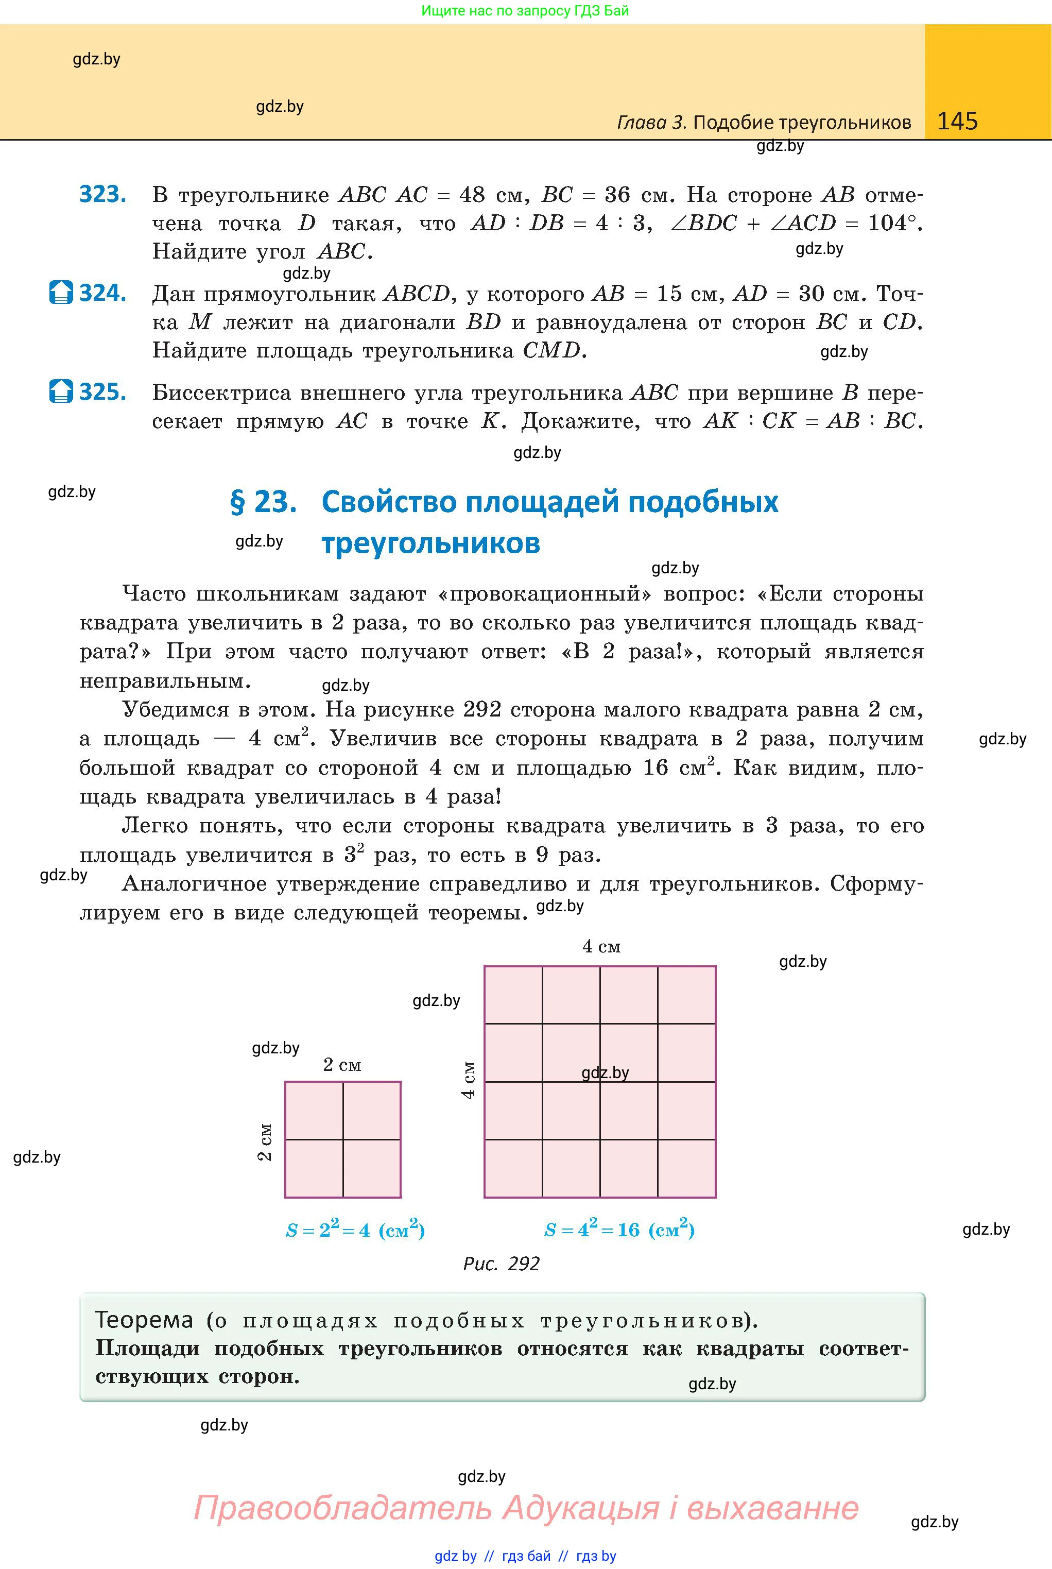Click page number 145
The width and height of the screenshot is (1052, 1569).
pos(957,121)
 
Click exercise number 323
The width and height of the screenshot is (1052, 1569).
pos(102,194)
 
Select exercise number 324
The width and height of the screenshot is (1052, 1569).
pos(102,293)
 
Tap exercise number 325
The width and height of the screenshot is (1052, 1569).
pos(102,392)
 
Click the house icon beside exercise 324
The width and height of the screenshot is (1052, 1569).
pos(61,293)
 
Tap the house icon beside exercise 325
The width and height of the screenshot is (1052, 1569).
pos(61,391)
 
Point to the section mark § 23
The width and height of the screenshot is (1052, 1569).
pos(263,502)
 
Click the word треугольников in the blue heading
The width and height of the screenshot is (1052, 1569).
pos(430,543)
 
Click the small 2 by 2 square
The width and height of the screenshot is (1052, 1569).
pos(343,1139)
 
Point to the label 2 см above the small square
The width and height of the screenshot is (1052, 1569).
pos(342,1065)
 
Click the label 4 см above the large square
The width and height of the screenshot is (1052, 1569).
pos(601,947)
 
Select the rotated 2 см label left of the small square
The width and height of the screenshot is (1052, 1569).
pos(266,1141)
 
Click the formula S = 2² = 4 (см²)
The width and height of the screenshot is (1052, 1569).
pos(355,1230)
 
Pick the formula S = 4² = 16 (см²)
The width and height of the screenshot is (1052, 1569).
pos(618,1230)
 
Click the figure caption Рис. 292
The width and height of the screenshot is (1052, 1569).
pos(501,1264)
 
